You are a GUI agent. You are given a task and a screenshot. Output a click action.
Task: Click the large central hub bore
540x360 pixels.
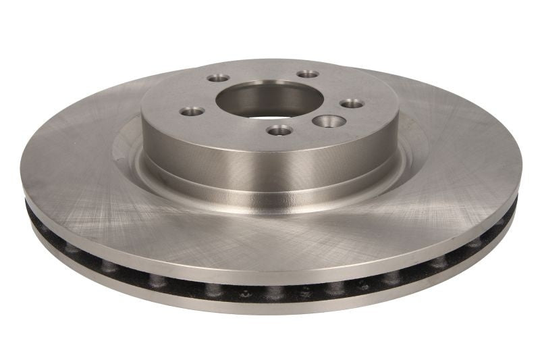point(260,99)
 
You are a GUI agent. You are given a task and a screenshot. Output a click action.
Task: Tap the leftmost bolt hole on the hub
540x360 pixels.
point(192,110)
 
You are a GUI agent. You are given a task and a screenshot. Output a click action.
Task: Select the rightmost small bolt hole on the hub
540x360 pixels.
point(352,103)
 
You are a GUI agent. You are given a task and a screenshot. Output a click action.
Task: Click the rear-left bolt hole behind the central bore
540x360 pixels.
point(218,78)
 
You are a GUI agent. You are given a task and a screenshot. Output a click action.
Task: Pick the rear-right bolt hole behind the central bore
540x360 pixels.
point(308,74)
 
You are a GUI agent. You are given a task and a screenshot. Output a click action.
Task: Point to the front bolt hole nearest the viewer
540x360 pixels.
point(279,130)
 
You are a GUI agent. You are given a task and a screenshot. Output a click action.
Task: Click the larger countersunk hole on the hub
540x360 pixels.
point(329,121)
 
